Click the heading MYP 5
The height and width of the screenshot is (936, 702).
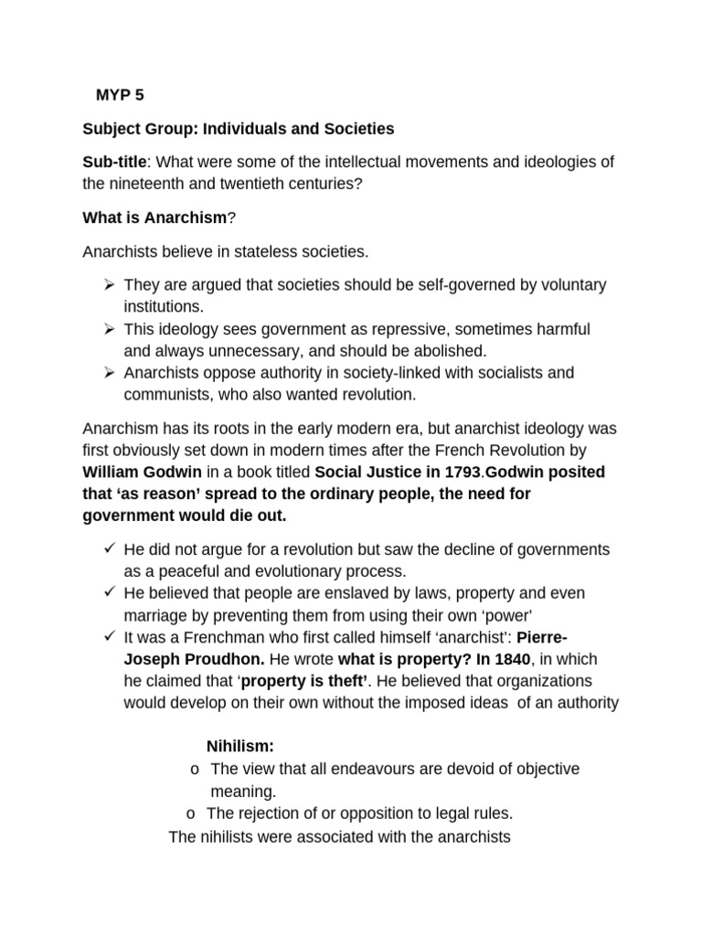point(120,95)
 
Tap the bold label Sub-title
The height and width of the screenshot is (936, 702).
point(114,162)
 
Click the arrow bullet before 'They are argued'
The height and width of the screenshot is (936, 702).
point(109,284)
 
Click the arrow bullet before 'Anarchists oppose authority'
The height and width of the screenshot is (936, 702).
point(109,373)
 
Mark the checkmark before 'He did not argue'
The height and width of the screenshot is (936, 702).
point(109,548)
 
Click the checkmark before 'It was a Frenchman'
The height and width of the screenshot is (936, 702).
point(109,636)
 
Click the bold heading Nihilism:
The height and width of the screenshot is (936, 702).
point(240,747)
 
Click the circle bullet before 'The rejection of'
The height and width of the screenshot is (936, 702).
point(190,814)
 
